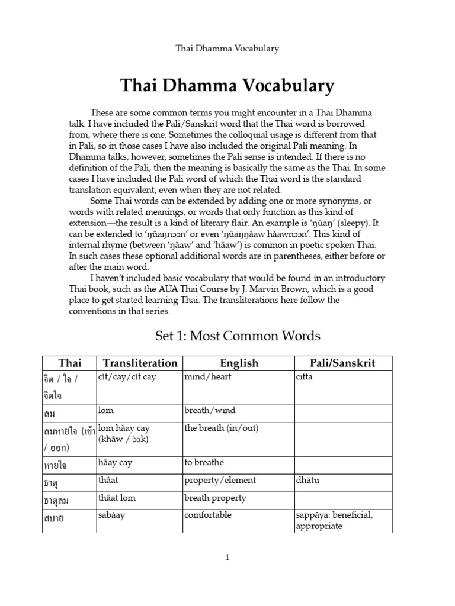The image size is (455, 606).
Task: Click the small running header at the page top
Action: [227, 49]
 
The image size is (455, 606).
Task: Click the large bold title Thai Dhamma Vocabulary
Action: [227, 86]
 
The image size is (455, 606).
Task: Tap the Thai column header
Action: [69, 363]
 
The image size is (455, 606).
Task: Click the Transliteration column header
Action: [139, 363]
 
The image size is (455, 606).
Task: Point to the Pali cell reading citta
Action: [303, 377]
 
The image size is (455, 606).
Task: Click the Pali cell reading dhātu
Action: [307, 480]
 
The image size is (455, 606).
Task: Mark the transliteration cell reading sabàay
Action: [112, 515]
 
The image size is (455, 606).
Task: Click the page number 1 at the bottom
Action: [227, 557]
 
